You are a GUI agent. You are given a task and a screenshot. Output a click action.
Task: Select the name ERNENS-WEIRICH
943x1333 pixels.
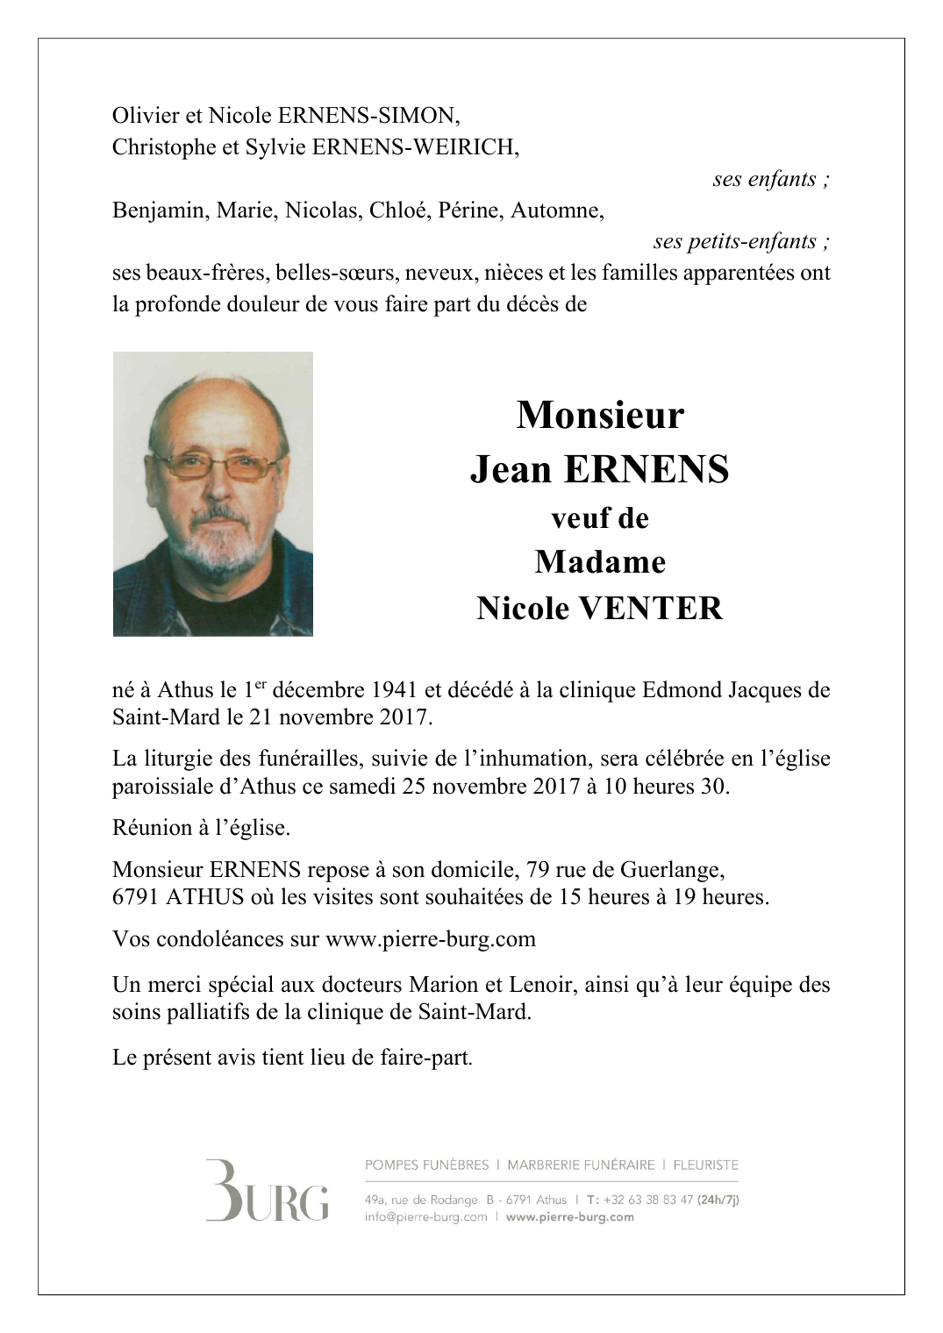tap(425, 147)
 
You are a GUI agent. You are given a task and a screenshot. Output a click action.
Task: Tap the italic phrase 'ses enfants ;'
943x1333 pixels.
tap(771, 180)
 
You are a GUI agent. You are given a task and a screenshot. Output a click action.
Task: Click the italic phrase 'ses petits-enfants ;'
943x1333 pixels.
tap(741, 241)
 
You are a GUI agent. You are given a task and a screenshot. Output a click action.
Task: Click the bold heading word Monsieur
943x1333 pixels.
tap(600, 415)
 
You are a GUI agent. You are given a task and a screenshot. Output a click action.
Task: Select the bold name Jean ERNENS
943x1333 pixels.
tap(600, 469)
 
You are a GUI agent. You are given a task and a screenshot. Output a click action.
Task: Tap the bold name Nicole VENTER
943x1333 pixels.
tap(600, 608)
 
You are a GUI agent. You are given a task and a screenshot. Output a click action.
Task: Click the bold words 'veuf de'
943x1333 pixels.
tap(600, 518)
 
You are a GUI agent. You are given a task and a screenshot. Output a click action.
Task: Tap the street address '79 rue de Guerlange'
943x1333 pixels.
tap(625, 870)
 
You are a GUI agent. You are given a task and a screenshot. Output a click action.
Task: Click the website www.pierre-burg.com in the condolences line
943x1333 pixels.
tap(430, 939)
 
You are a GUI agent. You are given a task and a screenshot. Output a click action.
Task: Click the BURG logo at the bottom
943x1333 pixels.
tap(267, 1191)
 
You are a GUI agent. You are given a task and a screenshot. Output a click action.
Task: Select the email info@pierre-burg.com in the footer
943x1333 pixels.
tap(425, 1217)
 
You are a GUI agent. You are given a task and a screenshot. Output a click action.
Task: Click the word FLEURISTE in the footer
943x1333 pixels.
tap(706, 1165)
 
